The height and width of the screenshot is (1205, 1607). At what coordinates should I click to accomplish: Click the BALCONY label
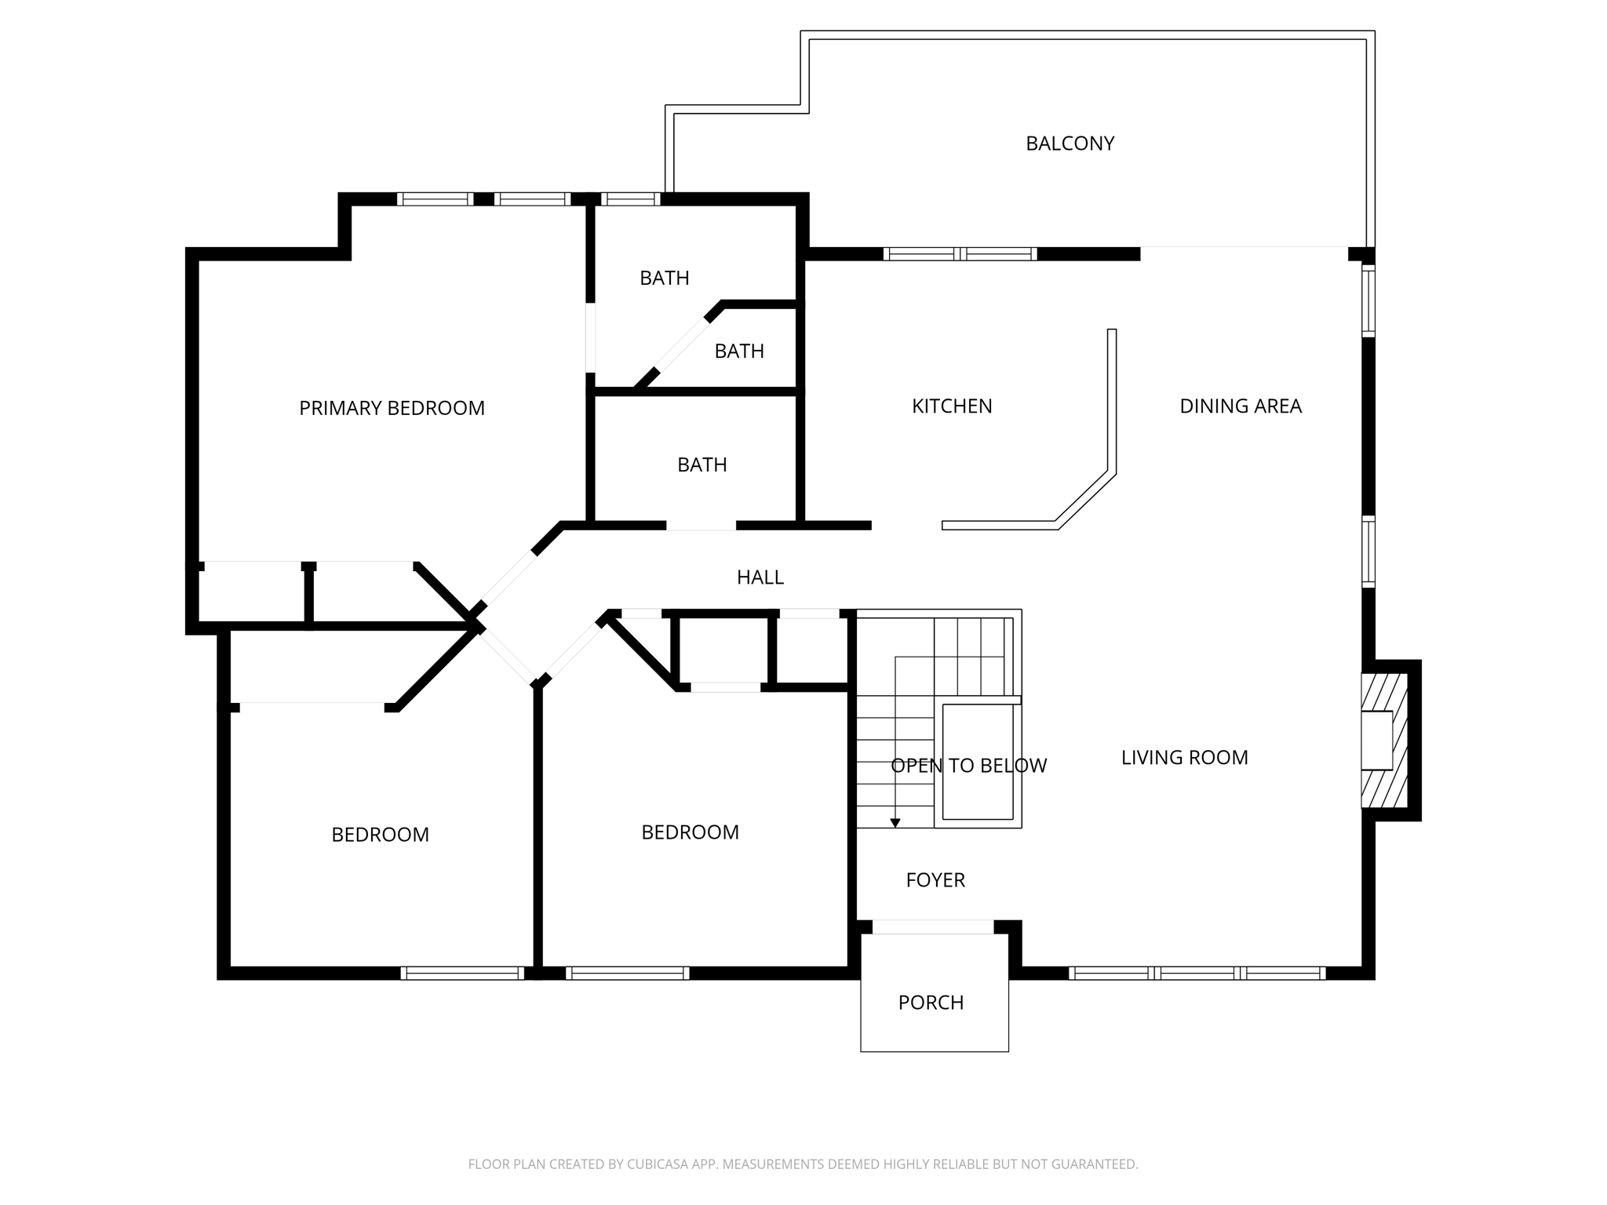pos(1070,144)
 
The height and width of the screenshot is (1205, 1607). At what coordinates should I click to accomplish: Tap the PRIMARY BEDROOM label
pos(392,408)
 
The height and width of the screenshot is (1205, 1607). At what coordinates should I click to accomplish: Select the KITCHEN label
pos(952,406)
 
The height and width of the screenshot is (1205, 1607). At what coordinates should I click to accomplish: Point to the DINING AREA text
pos(1240,406)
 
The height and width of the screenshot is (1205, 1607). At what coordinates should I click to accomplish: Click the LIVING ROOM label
pos(1184,758)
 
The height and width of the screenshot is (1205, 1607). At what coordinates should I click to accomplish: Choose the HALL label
pos(760,577)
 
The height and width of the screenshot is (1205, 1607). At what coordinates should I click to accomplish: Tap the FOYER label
pos(935,880)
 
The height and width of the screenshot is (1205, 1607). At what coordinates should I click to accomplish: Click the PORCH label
pos(931,1003)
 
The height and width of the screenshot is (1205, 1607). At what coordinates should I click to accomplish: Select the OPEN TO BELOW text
pos(968,766)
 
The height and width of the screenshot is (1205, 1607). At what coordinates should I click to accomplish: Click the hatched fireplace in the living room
pos(1385,741)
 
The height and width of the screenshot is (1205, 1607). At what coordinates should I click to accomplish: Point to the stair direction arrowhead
pos(895,823)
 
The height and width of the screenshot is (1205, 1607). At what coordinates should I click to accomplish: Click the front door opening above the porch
pos(933,927)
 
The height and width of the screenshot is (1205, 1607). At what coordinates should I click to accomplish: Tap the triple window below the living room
pos(1197,974)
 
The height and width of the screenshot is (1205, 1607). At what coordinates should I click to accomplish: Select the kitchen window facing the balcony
pos(960,254)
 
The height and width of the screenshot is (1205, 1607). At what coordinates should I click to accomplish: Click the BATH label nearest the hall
pos(701,465)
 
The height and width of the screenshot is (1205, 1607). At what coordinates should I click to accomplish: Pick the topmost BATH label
pos(664,278)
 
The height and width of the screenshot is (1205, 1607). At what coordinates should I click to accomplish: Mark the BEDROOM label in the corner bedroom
pos(380,835)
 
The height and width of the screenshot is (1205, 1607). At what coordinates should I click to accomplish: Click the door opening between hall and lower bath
pos(701,526)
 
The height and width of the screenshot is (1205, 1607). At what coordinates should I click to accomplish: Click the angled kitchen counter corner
pos(1086,498)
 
